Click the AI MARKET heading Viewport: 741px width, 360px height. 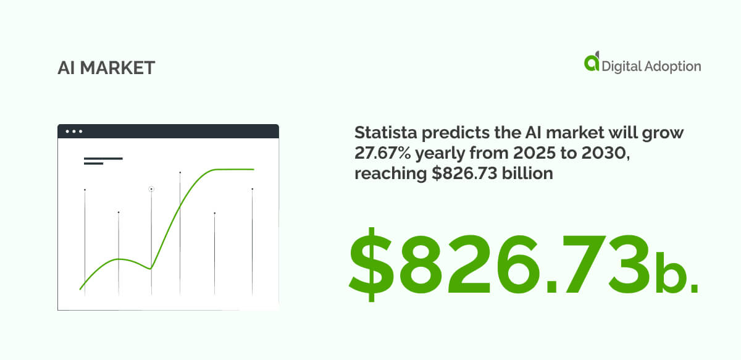pyautogui.click(x=106, y=68)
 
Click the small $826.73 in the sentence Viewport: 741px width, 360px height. pyautogui.click(x=458, y=174)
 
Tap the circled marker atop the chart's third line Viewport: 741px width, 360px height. pyautogui.click(x=151, y=189)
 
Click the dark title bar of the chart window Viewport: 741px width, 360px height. pyautogui.click(x=168, y=131)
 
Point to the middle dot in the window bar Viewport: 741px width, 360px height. pyautogui.click(x=73, y=132)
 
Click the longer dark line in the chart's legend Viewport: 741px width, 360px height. pyautogui.click(x=103, y=159)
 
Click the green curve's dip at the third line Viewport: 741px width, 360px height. pyautogui.click(x=151, y=268)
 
